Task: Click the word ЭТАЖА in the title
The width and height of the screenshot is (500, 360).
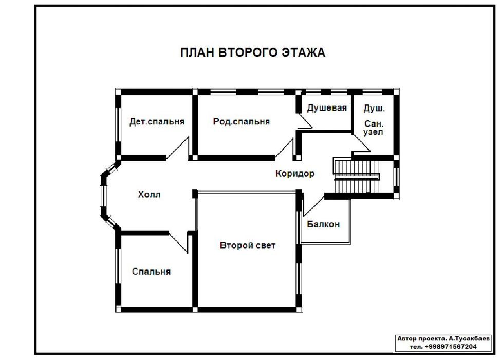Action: coord(303,52)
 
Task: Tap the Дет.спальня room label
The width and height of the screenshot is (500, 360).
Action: coord(157,121)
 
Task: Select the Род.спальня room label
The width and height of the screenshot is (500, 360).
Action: coord(242,121)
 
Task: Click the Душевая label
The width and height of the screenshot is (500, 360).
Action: coord(327,108)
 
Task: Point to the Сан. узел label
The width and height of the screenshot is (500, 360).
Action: coord(374,128)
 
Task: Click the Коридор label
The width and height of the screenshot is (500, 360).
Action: coord(295,174)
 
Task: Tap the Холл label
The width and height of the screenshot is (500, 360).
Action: coord(149,194)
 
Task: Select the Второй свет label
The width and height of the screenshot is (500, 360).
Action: coord(248,245)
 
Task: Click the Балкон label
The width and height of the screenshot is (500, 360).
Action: coord(323,224)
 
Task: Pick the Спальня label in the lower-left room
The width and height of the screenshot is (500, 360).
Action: coord(151,272)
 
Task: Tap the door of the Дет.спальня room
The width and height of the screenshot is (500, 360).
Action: coord(178,149)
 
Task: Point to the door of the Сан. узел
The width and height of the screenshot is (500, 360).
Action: coord(361,142)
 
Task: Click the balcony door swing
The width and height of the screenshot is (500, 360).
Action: coord(313,206)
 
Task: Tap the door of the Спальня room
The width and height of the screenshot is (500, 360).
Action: coord(178,243)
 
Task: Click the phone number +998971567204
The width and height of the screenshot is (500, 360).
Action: coord(451,347)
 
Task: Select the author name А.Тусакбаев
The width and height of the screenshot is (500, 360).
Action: coord(469,338)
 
